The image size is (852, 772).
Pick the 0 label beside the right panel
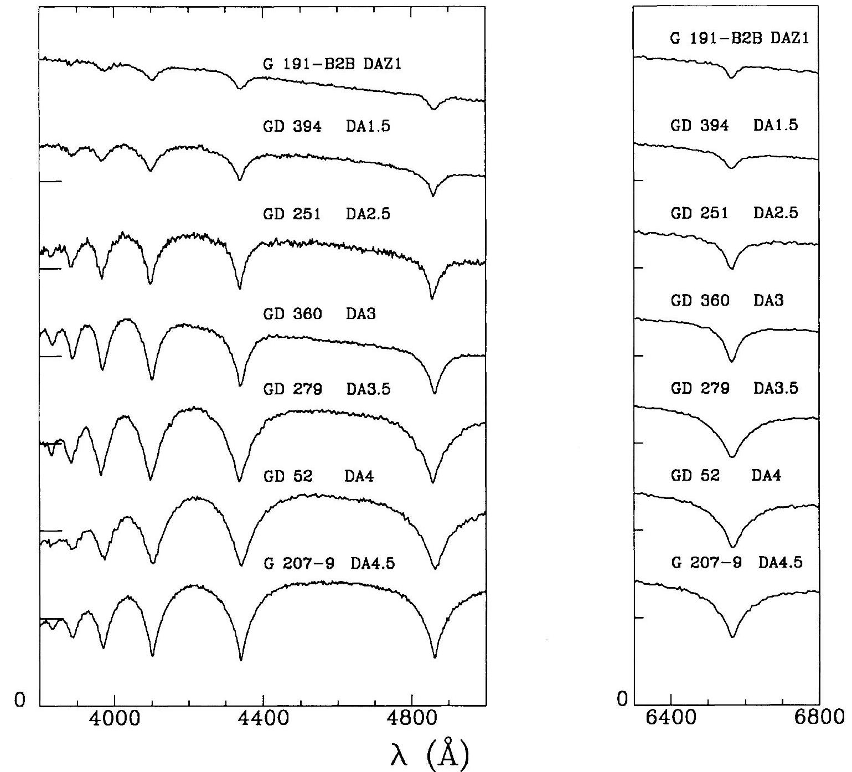(623, 700)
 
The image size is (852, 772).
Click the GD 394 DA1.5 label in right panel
(734, 125)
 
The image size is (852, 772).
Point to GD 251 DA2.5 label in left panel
(326, 214)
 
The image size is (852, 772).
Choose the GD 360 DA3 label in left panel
(319, 314)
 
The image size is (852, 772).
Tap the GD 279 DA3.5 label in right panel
(734, 388)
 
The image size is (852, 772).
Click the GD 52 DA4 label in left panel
(318, 476)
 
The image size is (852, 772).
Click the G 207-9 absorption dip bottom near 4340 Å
(241, 659)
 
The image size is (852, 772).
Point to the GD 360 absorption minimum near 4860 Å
(435, 393)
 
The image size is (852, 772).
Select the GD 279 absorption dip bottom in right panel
(732, 457)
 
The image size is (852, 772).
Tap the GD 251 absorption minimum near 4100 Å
(150, 283)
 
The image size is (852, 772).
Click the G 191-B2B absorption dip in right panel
(732, 78)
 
